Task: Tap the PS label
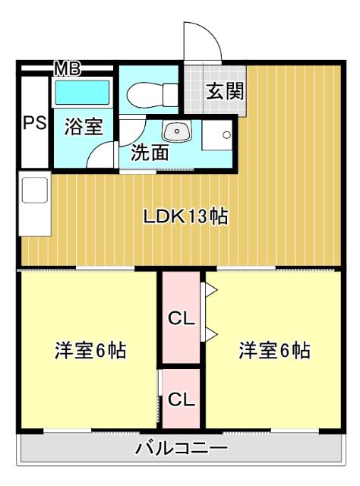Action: click(x=33, y=122)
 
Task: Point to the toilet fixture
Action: click(x=149, y=96)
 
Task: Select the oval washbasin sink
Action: click(x=178, y=131)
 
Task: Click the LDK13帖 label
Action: click(x=187, y=216)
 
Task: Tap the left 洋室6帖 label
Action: click(x=90, y=351)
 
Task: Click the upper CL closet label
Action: click(x=181, y=318)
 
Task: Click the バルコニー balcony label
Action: click(x=180, y=447)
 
